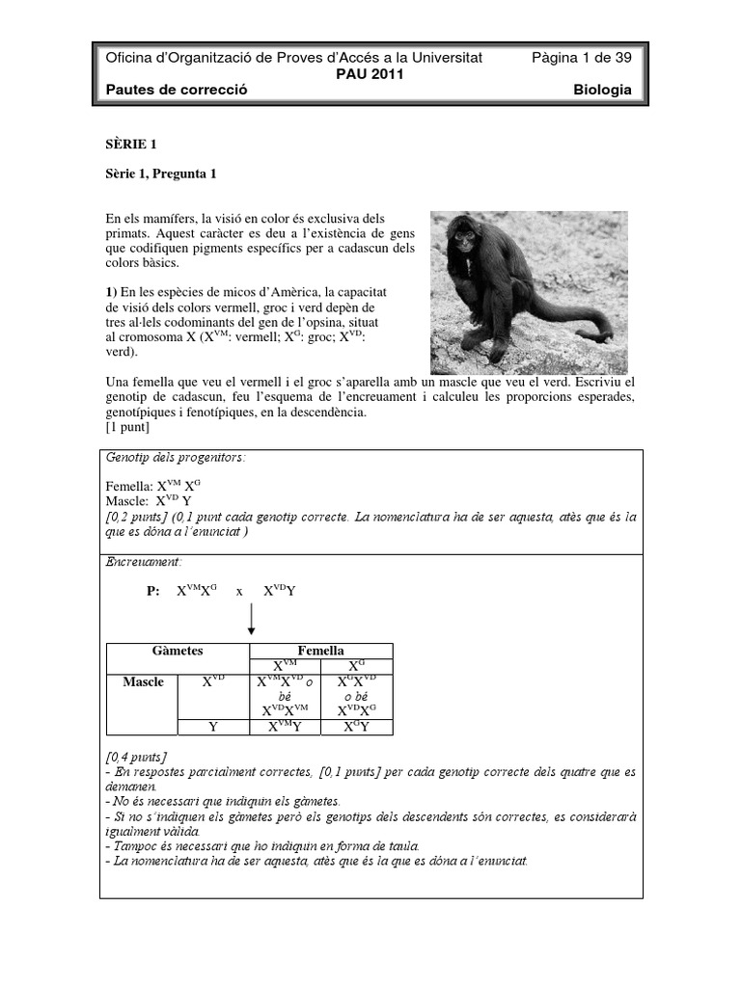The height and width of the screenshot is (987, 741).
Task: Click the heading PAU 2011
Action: click(370, 73)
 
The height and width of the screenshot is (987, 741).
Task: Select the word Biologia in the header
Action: click(602, 90)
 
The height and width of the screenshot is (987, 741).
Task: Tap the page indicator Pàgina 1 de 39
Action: click(582, 58)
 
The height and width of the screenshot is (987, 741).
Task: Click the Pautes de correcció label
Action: click(177, 90)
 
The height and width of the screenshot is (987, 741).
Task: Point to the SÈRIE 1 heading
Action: click(130, 145)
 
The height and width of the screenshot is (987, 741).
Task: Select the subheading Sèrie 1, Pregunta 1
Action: click(161, 174)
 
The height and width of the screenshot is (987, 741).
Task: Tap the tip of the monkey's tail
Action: click(609, 337)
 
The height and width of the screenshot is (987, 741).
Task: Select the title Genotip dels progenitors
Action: click(175, 458)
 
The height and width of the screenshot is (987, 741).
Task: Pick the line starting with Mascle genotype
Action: click(149, 502)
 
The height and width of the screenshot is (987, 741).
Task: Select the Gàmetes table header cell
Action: click(177, 652)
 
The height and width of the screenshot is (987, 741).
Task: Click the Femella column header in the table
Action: click(321, 652)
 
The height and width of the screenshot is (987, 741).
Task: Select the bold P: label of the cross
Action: click(152, 591)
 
